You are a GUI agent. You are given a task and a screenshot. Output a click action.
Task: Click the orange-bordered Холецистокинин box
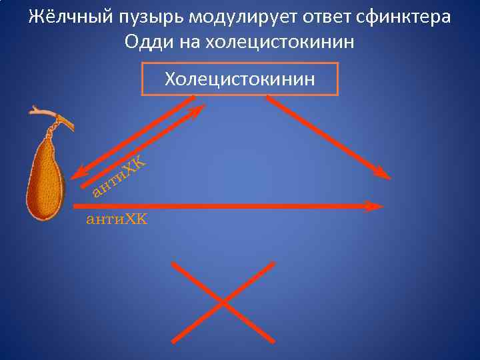(x=240, y=79)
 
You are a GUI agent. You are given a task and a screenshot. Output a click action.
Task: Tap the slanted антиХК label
(x=119, y=177)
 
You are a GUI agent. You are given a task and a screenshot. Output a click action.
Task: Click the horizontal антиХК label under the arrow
(x=117, y=219)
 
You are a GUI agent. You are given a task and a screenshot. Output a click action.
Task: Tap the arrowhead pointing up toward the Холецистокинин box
(x=197, y=111)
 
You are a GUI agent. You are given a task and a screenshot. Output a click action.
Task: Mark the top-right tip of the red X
(x=273, y=263)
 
